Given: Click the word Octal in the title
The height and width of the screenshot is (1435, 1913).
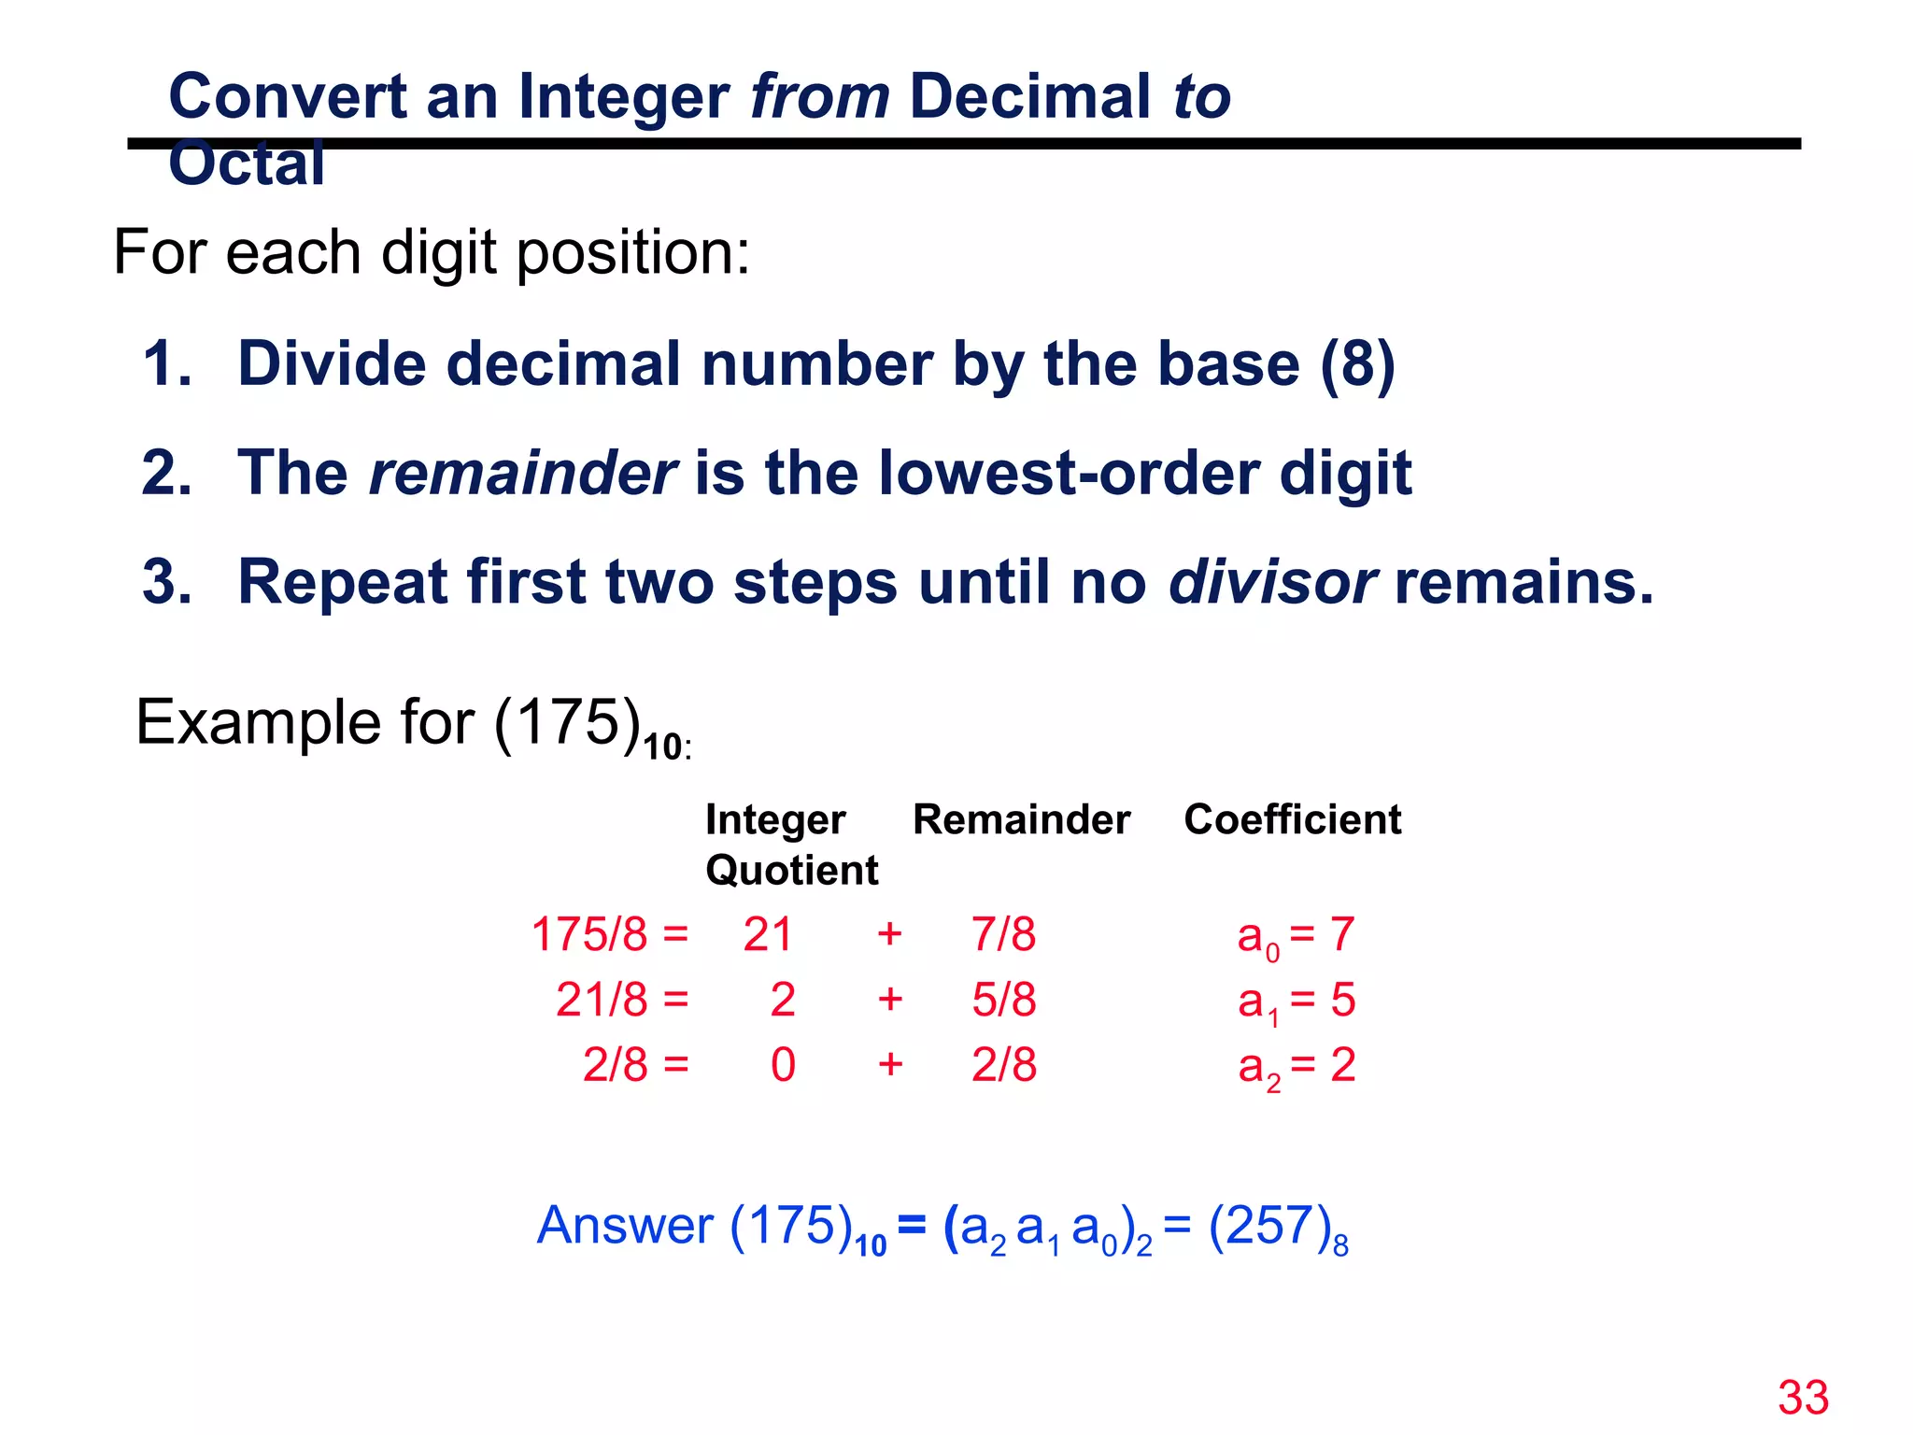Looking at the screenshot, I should (x=247, y=164).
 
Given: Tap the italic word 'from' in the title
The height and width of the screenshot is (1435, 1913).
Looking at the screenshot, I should (x=820, y=97).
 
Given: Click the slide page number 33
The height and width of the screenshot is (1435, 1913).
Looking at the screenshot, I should (x=1803, y=1398).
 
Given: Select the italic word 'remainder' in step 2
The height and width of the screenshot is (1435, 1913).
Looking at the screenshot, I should (x=522, y=473).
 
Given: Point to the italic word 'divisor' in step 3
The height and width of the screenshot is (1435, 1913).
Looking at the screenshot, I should (x=1271, y=582).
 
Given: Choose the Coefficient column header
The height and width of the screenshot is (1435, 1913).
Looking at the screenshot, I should (x=1293, y=819).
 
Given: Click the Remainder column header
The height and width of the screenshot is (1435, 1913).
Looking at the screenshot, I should (x=1021, y=819).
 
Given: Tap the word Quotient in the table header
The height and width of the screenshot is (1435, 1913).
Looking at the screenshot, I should (x=791, y=871).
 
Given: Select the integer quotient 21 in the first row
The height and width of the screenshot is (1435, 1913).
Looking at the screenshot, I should (x=768, y=934).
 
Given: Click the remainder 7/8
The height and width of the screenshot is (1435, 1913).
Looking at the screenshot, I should (x=1003, y=934).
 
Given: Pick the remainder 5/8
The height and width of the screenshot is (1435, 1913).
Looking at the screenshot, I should (x=1003, y=1000).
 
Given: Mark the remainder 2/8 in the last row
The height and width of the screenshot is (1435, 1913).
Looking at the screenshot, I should (x=1003, y=1065).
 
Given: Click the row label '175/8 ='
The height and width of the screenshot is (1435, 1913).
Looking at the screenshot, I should (x=609, y=934).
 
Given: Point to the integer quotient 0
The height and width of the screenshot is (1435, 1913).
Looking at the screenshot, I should (x=783, y=1065).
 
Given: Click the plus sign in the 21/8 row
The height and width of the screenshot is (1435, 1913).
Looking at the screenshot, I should (x=890, y=1000).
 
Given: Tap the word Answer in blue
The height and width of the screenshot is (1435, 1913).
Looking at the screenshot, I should (x=625, y=1226).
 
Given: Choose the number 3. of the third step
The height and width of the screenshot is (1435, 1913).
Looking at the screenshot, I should (x=167, y=582).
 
